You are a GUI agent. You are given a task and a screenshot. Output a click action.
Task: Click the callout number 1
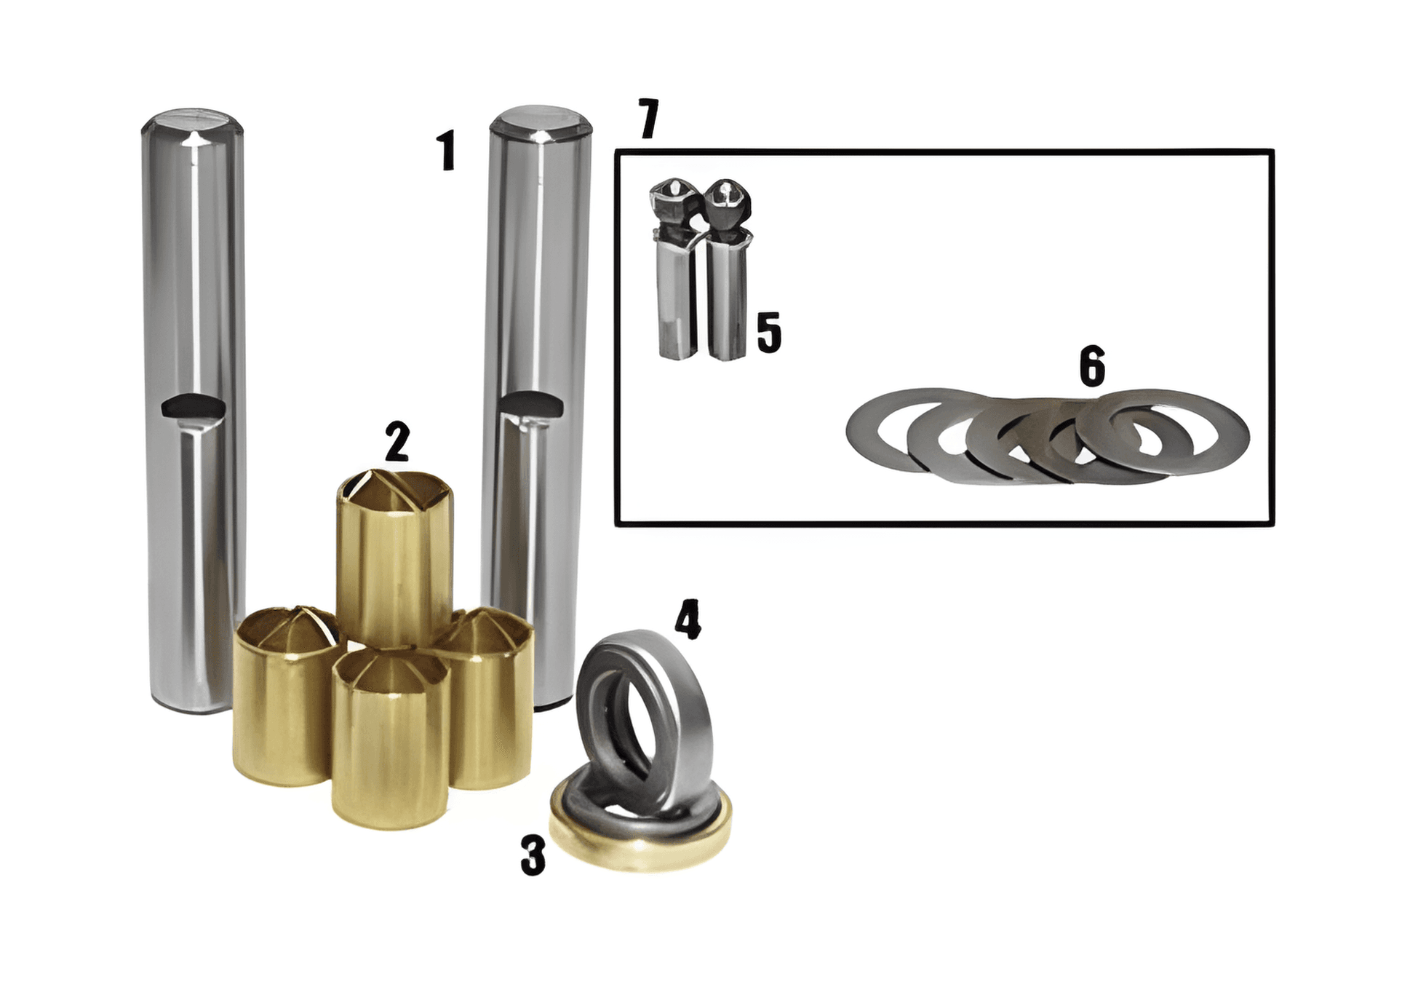pyautogui.click(x=447, y=151)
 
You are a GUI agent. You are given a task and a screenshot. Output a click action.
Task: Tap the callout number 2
pyautogui.click(x=397, y=441)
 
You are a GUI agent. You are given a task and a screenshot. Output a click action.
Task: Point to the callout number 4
pyautogui.click(x=688, y=619)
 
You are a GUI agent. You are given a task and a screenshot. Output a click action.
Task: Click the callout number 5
pyautogui.click(x=769, y=333)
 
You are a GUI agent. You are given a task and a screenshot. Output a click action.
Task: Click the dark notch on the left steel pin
pyautogui.click(x=192, y=405)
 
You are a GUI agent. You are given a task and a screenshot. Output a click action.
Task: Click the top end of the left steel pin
pyautogui.click(x=192, y=122)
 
